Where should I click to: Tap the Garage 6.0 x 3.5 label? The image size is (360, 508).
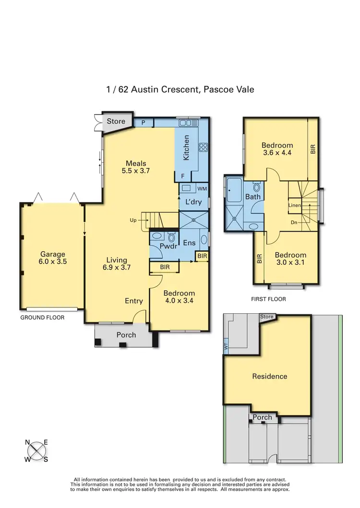click(52, 258)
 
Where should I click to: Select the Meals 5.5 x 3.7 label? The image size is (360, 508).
click(136, 166)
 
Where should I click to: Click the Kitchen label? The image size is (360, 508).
click(187, 148)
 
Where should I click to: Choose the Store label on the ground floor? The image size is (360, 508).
click(116, 121)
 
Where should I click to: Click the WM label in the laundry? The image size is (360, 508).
click(202, 189)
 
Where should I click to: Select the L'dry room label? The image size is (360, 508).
click(193, 202)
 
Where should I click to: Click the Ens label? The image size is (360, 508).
click(189, 243)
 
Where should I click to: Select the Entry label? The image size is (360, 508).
click(134, 301)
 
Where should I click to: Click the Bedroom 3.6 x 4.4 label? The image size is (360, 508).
click(277, 149)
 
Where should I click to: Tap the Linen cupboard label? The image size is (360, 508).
click(294, 205)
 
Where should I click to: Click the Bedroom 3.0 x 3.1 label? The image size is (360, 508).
click(290, 259)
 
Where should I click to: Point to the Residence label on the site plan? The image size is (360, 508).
click(269, 377)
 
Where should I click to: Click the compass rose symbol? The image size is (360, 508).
click(36, 451)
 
